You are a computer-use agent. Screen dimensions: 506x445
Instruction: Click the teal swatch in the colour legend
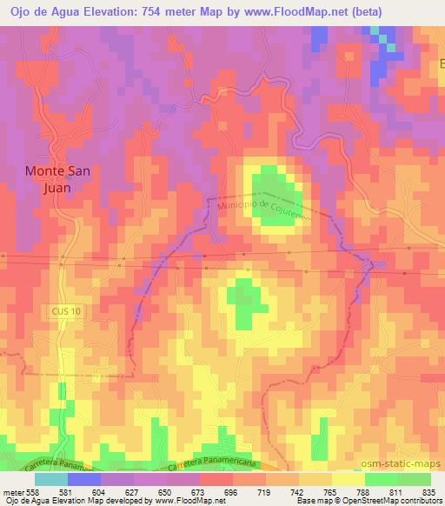pos(50,479)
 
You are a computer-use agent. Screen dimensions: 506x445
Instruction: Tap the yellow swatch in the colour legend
pos(348,479)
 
